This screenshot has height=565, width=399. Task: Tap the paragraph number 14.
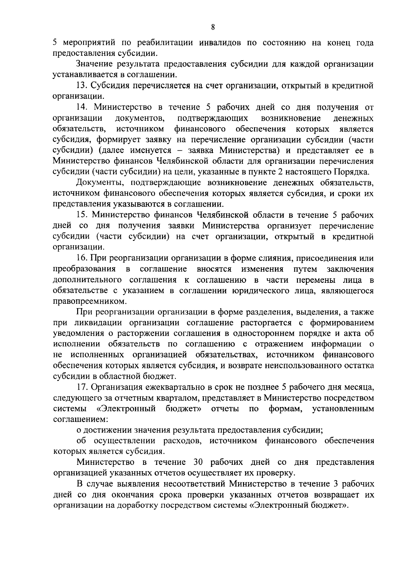(82, 107)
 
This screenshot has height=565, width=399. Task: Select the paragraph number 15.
(82, 215)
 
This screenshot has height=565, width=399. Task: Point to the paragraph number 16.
(82, 258)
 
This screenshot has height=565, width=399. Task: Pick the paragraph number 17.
(82, 387)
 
